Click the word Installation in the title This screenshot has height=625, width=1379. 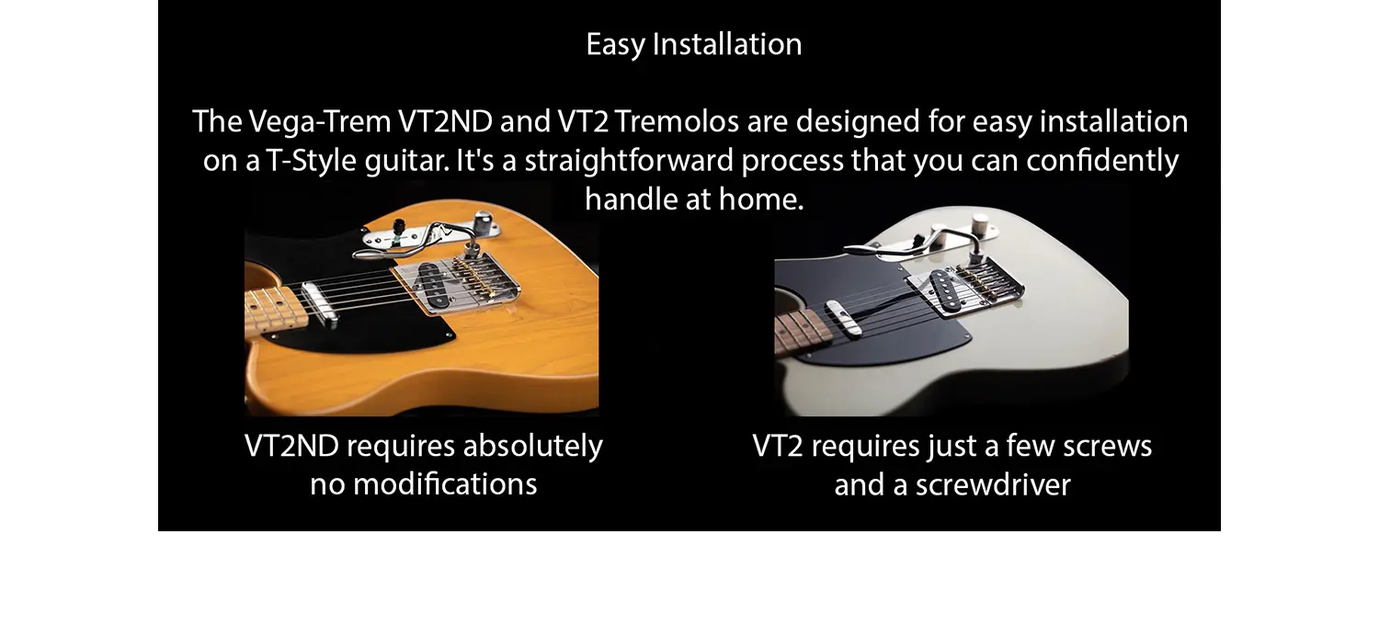[x=727, y=44]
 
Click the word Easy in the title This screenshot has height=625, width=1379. [x=615, y=45]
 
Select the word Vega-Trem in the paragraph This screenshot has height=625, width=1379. [x=320, y=121]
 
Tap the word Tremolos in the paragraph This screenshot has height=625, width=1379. [x=677, y=121]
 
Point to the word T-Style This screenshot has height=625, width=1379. [x=311, y=161]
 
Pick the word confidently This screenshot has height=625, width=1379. [x=1102, y=161]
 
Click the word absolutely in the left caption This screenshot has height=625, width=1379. [x=533, y=446]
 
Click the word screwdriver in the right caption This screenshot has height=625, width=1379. [x=993, y=484]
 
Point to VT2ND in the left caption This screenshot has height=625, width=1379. [x=291, y=446]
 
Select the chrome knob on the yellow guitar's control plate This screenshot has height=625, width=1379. [x=484, y=221]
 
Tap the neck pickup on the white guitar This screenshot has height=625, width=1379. [x=844, y=318]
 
